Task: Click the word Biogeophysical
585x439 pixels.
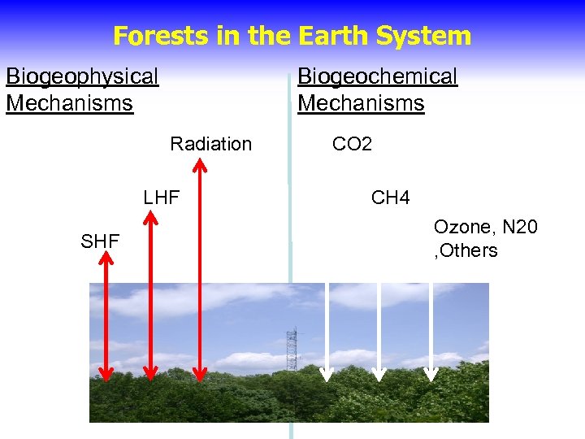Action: tap(82, 77)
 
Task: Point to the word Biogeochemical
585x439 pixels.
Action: tap(378, 77)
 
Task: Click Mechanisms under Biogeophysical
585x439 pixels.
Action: tap(69, 104)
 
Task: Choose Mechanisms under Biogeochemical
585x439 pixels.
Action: tap(361, 104)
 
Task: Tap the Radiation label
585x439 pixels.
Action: tap(211, 145)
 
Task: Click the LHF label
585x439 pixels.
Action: tap(161, 198)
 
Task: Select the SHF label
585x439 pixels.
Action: tap(100, 241)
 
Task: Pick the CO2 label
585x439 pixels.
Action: tap(352, 145)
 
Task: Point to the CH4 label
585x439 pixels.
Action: tap(391, 198)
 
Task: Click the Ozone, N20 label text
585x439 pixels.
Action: tap(485, 227)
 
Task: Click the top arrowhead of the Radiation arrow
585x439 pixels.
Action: tap(199, 165)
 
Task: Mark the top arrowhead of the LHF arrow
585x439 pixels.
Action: tap(150, 217)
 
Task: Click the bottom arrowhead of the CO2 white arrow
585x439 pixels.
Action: tap(327, 374)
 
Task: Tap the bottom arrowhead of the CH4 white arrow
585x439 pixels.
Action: tap(379, 374)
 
